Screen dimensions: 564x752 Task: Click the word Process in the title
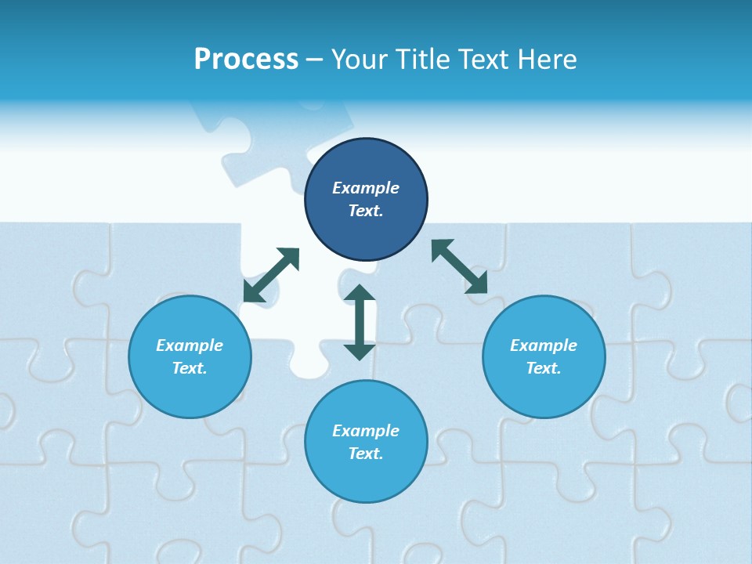(246, 60)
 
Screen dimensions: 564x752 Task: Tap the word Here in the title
(548, 60)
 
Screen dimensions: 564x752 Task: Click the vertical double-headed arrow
(360, 322)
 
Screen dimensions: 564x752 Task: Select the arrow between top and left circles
(271, 275)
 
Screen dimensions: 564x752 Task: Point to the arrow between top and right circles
(459, 266)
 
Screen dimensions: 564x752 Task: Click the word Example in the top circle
(366, 188)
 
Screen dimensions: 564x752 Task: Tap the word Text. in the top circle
(366, 211)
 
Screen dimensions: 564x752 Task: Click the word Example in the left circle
(190, 345)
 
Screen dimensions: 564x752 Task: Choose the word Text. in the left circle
(190, 368)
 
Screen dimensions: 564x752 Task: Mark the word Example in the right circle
(544, 345)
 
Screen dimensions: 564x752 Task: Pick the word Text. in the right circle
(544, 368)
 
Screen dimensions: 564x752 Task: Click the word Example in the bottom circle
(366, 431)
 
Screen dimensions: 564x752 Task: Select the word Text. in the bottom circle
(366, 454)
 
